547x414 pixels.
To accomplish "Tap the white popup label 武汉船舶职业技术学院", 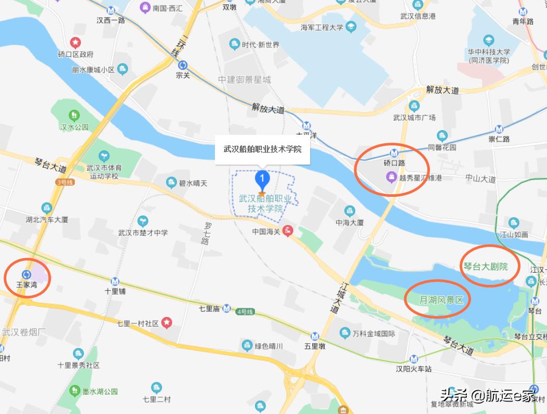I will click(263, 149).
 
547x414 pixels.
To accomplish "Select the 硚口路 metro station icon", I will click(394, 153).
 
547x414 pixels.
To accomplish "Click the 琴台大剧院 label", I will click(485, 266).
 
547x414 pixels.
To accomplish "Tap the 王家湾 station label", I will click(27, 285).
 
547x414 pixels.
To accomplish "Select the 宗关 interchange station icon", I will click(183, 66).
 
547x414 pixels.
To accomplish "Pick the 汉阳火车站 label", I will click(414, 369).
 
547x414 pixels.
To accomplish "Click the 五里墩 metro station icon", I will click(314, 337).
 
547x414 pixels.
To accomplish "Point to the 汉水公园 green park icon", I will click(74, 115).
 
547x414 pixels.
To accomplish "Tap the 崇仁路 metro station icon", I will click(499, 129).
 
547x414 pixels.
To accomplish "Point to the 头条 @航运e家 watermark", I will click(487, 396).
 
